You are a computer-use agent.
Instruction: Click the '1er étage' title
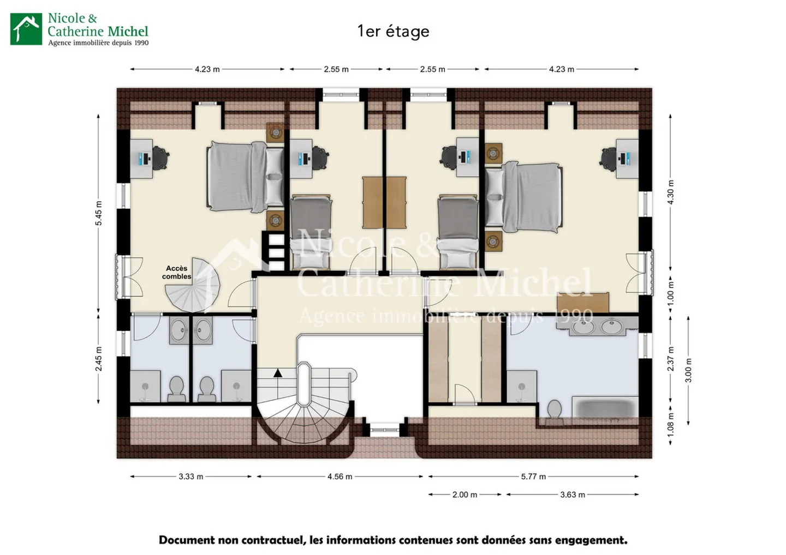[393, 32]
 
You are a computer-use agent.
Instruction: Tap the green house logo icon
[26, 29]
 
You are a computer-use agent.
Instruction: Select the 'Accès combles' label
[176, 272]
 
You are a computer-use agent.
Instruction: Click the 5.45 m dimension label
[99, 213]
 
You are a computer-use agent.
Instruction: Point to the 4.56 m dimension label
[340, 476]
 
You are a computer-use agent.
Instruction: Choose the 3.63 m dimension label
[572, 494]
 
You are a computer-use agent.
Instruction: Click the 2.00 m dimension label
[465, 494]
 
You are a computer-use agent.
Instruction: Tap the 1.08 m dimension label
[670, 425]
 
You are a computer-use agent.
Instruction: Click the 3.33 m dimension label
[191, 476]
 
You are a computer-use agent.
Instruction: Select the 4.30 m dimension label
[670, 192]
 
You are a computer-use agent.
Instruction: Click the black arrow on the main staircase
[278, 373]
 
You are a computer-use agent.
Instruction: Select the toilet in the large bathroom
[555, 411]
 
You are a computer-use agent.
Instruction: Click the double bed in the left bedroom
[245, 177]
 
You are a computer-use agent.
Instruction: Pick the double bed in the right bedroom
[524, 197]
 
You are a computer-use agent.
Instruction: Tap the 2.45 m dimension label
[99, 359]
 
